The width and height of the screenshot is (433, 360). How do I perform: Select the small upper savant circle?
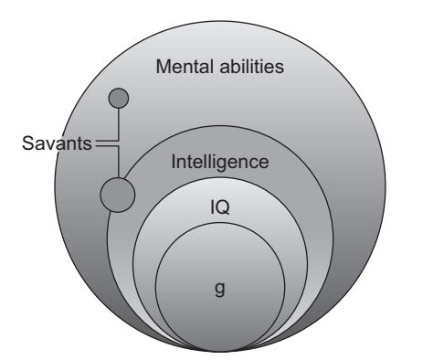tap(119, 96)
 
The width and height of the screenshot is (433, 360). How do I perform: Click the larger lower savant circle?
tap(117, 194)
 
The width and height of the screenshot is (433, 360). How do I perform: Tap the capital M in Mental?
tap(164, 67)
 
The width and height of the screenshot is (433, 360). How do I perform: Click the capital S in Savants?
tap(26, 143)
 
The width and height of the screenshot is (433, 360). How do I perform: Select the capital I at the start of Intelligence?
tap(174, 164)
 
